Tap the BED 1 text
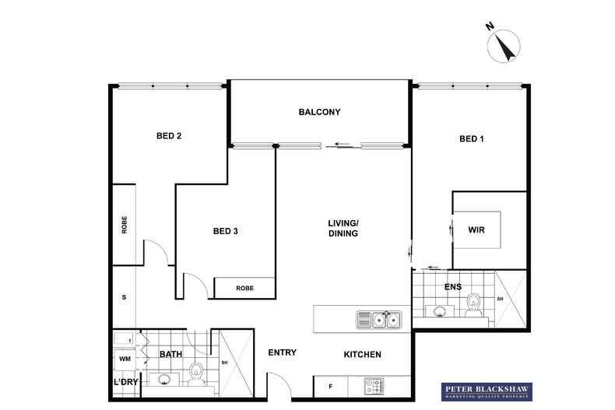click(x=472, y=139)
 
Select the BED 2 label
click(x=169, y=136)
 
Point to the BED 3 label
click(x=225, y=231)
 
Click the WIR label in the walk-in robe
click(x=476, y=230)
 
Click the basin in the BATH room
click(x=165, y=380)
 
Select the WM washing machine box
click(x=125, y=359)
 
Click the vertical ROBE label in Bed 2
click(x=124, y=225)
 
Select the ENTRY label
click(x=282, y=352)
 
